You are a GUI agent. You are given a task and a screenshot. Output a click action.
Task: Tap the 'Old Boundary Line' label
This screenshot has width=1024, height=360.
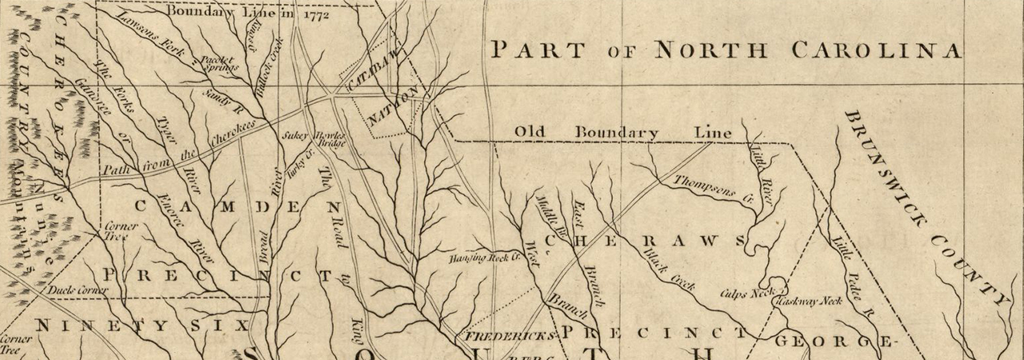coord(622,132)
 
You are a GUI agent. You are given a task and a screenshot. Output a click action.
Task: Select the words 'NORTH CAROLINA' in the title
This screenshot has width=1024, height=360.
coord(807,50)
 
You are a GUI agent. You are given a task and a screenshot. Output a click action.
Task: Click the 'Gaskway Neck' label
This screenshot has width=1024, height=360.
coord(808,302)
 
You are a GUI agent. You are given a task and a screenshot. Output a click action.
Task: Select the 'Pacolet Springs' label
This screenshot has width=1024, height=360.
coord(217,63)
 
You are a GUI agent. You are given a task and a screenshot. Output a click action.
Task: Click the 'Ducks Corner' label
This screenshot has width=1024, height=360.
coord(78,290)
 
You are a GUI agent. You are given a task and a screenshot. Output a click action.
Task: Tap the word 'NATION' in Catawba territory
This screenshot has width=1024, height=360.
coord(392,107)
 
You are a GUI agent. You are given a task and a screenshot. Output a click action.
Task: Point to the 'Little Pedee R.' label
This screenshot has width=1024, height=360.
coord(850,272)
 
